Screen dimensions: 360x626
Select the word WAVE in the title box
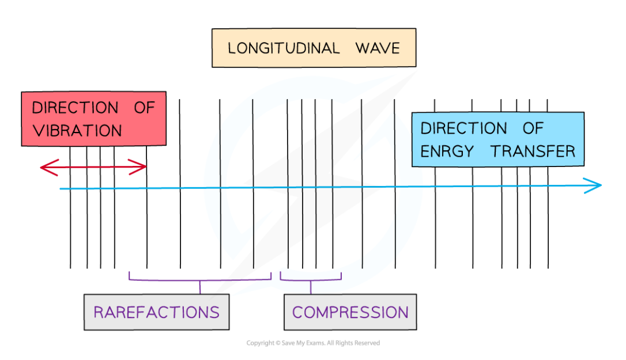[x=378, y=48]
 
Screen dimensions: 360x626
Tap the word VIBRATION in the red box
[x=77, y=131]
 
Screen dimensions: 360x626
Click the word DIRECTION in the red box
[x=74, y=108]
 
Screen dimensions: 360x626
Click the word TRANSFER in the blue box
[x=533, y=151]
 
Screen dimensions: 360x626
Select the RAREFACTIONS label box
[x=156, y=312]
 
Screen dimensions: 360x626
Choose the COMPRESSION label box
[x=350, y=312]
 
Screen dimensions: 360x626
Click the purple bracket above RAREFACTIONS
[x=200, y=279]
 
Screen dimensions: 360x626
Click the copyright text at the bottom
[x=313, y=343]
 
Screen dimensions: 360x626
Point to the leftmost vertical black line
[x=70, y=230]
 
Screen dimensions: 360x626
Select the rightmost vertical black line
[x=548, y=230]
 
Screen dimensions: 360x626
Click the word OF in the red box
[x=144, y=108]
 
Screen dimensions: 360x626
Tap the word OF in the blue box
[x=533, y=128]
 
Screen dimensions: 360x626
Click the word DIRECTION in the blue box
[x=463, y=128]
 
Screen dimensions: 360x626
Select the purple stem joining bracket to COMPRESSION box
[x=311, y=287]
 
